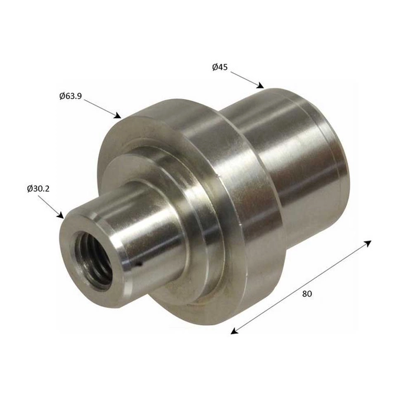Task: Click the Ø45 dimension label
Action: [219, 67]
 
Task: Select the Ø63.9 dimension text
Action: [71, 96]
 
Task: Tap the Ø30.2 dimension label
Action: [38, 189]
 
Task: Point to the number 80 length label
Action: [307, 294]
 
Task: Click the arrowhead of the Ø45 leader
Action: [260, 86]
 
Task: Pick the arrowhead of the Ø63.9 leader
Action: [118, 115]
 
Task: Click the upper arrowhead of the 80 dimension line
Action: [368, 243]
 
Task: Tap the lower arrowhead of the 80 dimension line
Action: [234, 331]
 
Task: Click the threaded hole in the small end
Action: [93, 260]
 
